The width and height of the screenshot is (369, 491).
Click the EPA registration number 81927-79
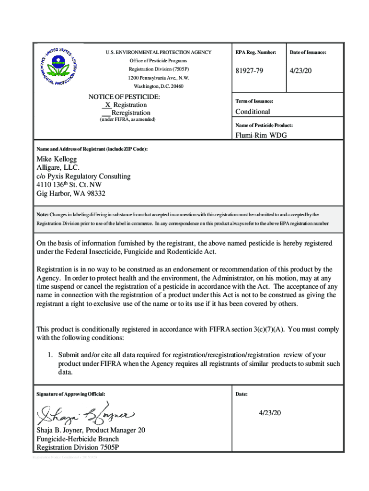tap(249, 70)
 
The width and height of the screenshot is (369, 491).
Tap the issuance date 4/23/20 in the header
tap(301, 70)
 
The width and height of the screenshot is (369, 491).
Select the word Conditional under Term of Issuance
tap(253, 112)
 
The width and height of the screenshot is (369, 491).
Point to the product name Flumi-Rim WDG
tap(261, 135)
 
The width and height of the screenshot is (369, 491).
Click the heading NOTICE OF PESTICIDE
tap(124, 97)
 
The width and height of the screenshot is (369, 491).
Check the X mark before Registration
tap(108, 105)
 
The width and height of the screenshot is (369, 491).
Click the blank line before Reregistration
tap(106, 113)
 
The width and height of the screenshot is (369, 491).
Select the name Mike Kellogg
tap(57, 159)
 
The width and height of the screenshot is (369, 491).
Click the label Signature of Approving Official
tap(70, 394)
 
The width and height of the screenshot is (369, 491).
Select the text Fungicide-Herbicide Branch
tap(78, 439)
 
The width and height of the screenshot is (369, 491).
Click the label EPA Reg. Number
tap(256, 52)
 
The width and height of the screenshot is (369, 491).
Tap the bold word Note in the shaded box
tap(42, 214)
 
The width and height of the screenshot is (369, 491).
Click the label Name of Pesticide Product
tap(264, 125)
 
